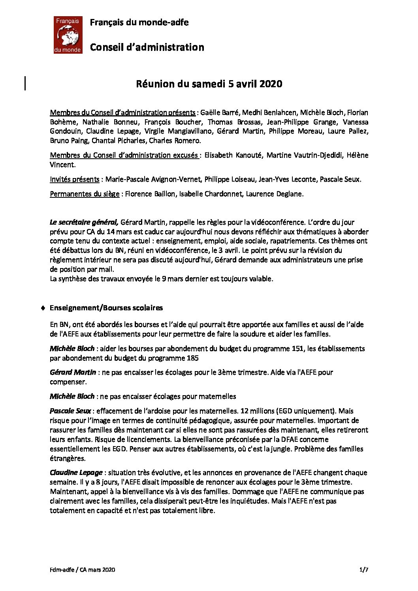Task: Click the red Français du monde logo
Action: [68, 35]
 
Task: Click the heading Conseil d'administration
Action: [147, 47]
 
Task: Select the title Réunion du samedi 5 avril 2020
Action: [209, 84]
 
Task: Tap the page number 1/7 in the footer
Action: [363, 569]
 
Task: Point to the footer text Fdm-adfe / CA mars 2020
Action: [83, 569]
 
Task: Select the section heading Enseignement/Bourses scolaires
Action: [106, 308]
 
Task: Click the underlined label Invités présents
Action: [74, 179]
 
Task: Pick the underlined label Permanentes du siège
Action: [85, 194]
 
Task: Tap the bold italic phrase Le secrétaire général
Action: [84, 222]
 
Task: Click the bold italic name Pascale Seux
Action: [70, 411]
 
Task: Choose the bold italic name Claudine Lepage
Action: [76, 473]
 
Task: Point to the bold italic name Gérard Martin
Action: [73, 372]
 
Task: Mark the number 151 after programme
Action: [298, 349]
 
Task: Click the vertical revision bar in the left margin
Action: [26, 83]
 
